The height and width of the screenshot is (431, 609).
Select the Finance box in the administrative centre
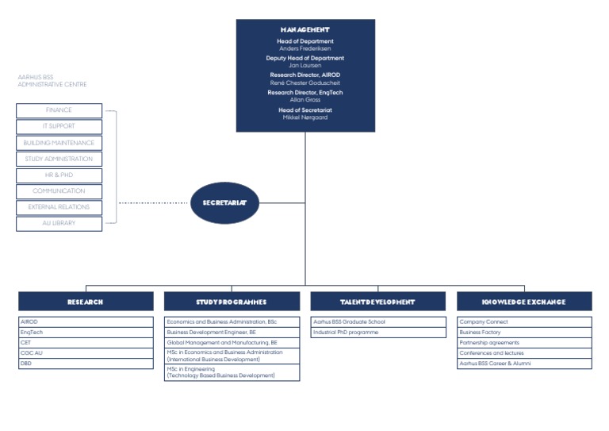(x=59, y=110)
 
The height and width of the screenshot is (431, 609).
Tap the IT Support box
(x=59, y=127)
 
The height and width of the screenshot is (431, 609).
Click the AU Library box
(x=59, y=224)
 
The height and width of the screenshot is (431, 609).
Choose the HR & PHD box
(x=59, y=175)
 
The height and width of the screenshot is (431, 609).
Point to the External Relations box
(x=59, y=207)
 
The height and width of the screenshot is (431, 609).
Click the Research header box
(x=86, y=302)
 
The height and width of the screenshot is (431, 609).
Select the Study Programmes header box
(x=232, y=302)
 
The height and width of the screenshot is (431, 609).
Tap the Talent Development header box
(x=377, y=302)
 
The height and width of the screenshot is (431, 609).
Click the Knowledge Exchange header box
(x=523, y=302)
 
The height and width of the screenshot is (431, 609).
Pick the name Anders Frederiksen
(x=305, y=48)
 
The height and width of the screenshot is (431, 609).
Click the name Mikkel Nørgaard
(x=305, y=117)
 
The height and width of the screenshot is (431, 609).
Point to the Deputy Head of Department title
(x=305, y=58)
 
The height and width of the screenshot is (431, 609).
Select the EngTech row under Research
(x=86, y=333)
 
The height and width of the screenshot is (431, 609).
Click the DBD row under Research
(x=86, y=364)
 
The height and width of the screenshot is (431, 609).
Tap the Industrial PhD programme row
(x=377, y=333)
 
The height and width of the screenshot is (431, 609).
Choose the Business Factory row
(x=523, y=333)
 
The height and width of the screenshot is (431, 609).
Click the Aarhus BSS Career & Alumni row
(x=523, y=364)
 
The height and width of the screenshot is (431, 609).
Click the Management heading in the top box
(x=305, y=29)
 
